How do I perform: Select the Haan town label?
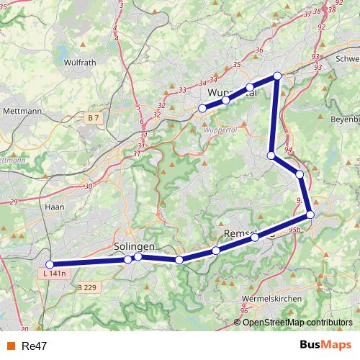pyautogui.click(x=54, y=207)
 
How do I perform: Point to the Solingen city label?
pyautogui.click(x=135, y=247)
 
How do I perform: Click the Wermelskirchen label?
pyautogui.click(x=274, y=297)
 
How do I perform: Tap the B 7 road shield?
pyautogui.click(x=94, y=117)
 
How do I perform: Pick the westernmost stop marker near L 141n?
pyautogui.click(x=50, y=264)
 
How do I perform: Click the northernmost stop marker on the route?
pyautogui.click(x=276, y=76)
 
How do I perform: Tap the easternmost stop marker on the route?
pyautogui.click(x=310, y=214)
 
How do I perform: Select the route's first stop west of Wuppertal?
pyautogui.click(x=202, y=109)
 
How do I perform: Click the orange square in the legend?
pyautogui.click(x=10, y=346)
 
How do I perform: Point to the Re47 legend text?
pyautogui.click(x=35, y=346)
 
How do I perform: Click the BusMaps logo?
pyautogui.click(x=326, y=345)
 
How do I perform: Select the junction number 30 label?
pyautogui.click(x=88, y=186)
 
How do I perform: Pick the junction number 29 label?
pyautogui.click(x=14, y=202)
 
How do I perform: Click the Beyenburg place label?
pyautogui.click(x=344, y=119)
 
